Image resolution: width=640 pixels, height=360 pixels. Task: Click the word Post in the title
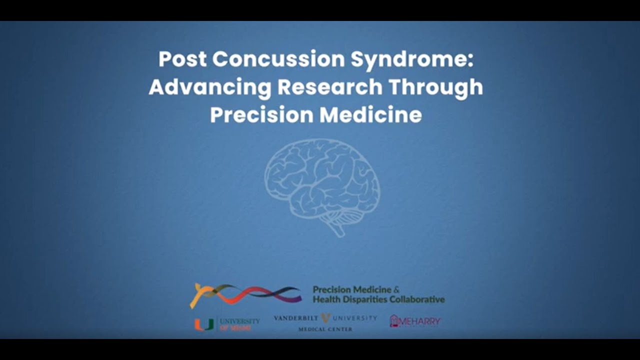182,59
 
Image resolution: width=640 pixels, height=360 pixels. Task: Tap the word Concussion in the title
278,59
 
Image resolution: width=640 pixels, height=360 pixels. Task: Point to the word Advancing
209,87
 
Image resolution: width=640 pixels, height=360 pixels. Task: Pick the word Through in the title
436,87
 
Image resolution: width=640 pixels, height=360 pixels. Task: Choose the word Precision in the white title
261,115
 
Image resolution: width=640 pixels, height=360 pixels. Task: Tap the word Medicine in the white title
370,115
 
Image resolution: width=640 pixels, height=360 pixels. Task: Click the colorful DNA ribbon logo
245,294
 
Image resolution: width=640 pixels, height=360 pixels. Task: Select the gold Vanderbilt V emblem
325,317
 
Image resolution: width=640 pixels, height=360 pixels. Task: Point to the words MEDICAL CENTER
325,329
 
